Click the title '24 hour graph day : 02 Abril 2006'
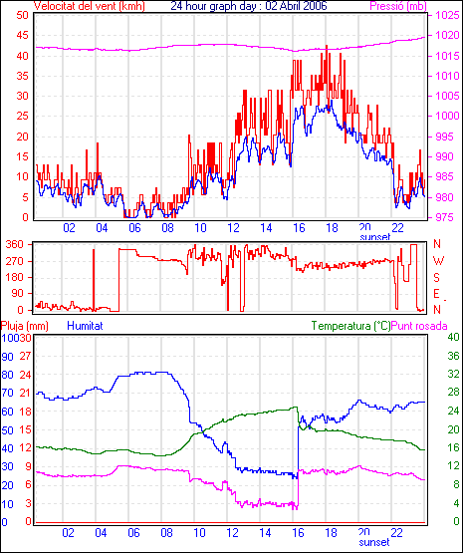point(249,6)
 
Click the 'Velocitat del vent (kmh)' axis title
point(90,6)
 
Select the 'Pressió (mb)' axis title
point(398,6)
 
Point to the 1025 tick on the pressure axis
point(447,15)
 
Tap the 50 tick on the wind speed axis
point(22,15)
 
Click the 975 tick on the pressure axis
point(444,217)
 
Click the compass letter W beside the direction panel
point(438,261)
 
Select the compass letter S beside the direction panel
point(437,278)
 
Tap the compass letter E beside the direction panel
point(437,294)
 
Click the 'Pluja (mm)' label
point(24,326)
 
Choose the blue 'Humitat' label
point(85,326)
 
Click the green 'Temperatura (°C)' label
point(351,326)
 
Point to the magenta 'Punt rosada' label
point(419,326)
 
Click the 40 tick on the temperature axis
point(453,337)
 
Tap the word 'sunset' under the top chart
point(375,237)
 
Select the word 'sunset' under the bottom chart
point(374,542)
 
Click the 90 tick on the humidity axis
point(7,356)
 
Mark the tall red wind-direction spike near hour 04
point(94,280)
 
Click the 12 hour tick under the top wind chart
point(233,228)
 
